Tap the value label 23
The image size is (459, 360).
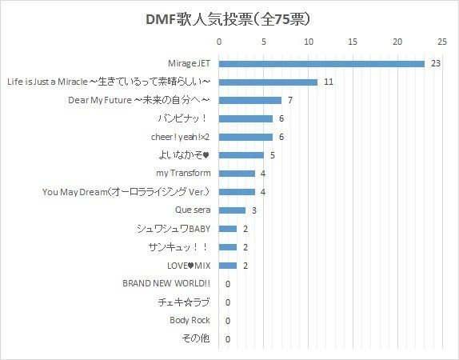pyautogui.click(x=436, y=63)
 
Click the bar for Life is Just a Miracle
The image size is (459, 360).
pyautogui.click(x=268, y=82)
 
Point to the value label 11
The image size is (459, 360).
pyautogui.click(x=329, y=82)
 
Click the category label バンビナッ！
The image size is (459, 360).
pyautogui.click(x=185, y=118)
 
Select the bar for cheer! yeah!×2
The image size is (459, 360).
pyautogui.click(x=245, y=137)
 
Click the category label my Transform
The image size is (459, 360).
pyautogui.click(x=183, y=174)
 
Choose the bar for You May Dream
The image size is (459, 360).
pyautogui.click(x=237, y=192)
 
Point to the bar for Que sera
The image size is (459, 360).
pyautogui.click(x=232, y=210)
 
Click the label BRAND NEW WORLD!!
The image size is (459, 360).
pyautogui.click(x=166, y=284)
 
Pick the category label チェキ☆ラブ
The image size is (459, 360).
pyautogui.click(x=184, y=302)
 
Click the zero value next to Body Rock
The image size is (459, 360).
pyautogui.click(x=228, y=321)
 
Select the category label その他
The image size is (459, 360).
pyautogui.click(x=196, y=339)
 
